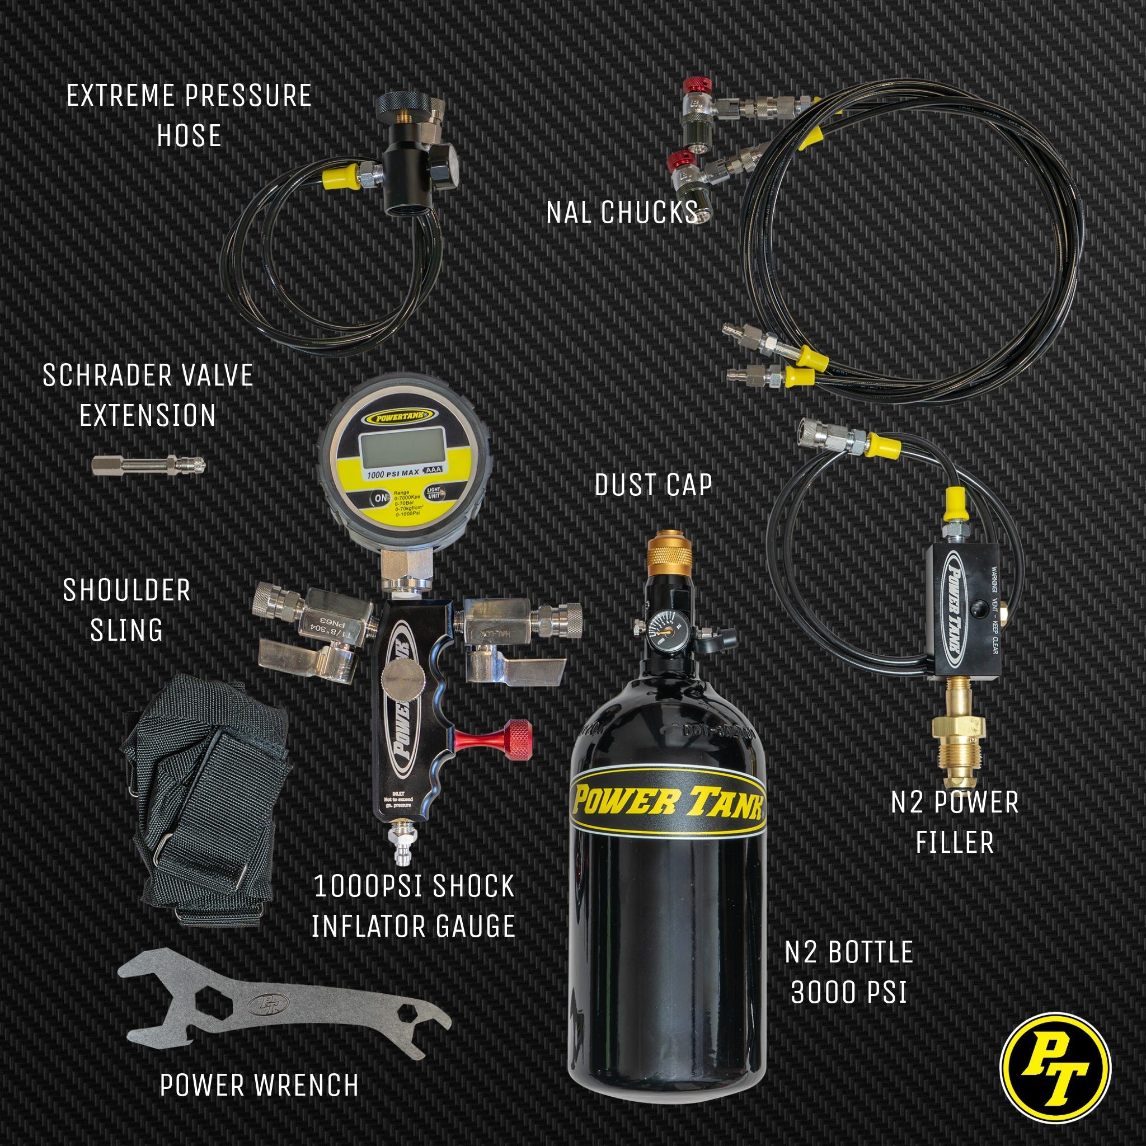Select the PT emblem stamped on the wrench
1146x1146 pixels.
(x=268, y=1005)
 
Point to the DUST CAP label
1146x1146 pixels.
(x=653, y=485)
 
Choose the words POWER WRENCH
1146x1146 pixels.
(x=259, y=1086)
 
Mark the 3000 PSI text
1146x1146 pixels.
(x=849, y=992)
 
